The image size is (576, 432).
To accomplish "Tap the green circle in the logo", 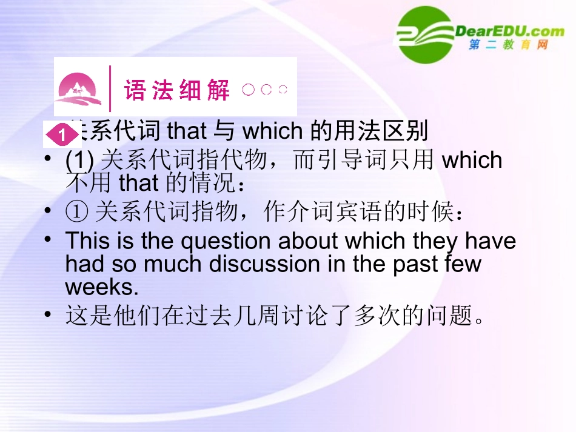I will coord(425,35).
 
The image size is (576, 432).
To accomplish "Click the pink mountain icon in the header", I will coord(78,89).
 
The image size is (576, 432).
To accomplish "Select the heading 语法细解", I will coord(177,90).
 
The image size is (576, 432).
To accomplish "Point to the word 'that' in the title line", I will coord(187,130).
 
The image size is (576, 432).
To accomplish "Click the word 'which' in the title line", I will coord(272,130).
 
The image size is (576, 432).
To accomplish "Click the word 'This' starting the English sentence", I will coord(87,241).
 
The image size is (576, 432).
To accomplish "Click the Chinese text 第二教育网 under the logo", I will coord(508,45).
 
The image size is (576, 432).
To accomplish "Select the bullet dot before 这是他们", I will coord(48,316).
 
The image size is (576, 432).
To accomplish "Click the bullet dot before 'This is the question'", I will coord(48,241).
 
